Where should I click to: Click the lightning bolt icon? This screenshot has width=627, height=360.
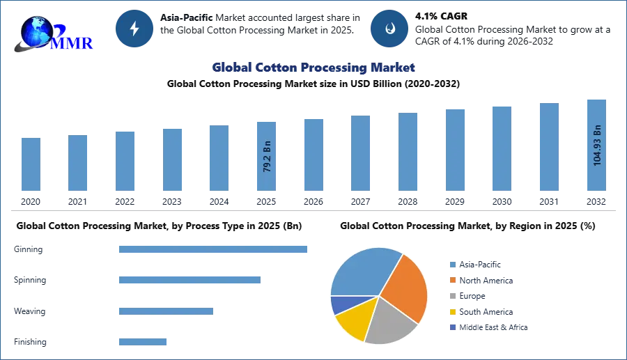pyautogui.click(x=134, y=29)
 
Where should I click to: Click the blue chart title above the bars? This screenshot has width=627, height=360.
pyautogui.click(x=314, y=68)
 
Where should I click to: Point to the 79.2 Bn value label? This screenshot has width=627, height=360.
pyautogui.click(x=267, y=157)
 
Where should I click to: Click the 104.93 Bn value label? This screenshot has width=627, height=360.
pyautogui.click(x=596, y=145)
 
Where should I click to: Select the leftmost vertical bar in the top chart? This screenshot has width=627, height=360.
pyautogui.click(x=31, y=164)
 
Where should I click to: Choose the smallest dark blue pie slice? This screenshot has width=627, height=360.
pyautogui.click(x=341, y=304)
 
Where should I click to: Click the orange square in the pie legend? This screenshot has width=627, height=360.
pyautogui.click(x=451, y=281)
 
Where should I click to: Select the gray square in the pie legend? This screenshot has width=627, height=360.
pyautogui.click(x=451, y=297)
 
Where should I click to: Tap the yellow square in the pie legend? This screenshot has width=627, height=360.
pyautogui.click(x=451, y=313)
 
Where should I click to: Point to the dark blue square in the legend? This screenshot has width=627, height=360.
pyautogui.click(x=451, y=328)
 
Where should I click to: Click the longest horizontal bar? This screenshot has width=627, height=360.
pyautogui.click(x=214, y=251)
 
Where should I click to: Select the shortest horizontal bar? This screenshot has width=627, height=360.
pyautogui.click(x=142, y=341)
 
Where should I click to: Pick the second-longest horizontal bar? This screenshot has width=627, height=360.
pyautogui.click(x=189, y=279)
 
